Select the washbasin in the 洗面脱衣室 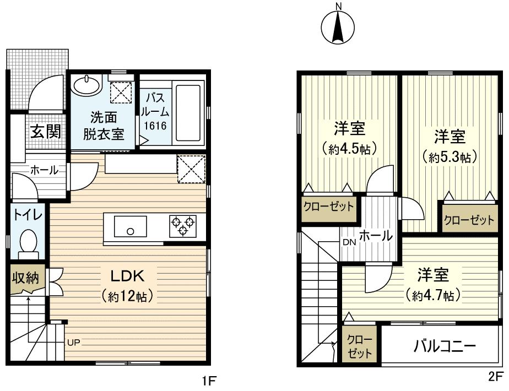(x=86, y=85)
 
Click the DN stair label (x=349, y=242)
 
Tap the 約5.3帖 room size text (x=450, y=157)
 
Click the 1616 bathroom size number (x=155, y=126)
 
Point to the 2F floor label (x=495, y=377)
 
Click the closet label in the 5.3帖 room (x=469, y=220)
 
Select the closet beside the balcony (x=360, y=346)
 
